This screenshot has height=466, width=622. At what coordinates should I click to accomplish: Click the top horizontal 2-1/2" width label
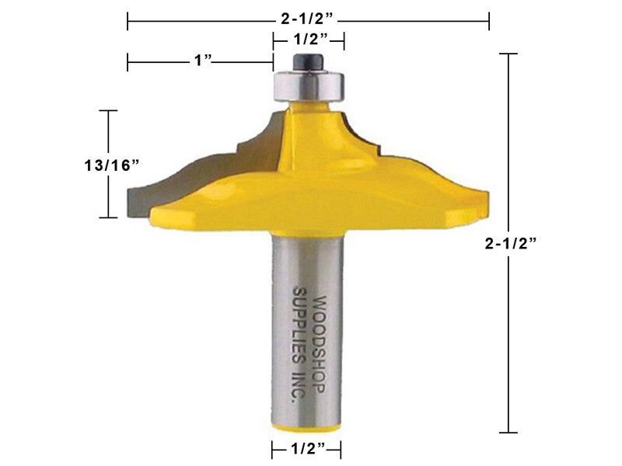click(x=309, y=16)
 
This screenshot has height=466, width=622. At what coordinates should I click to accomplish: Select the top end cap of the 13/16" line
click(x=107, y=111)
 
